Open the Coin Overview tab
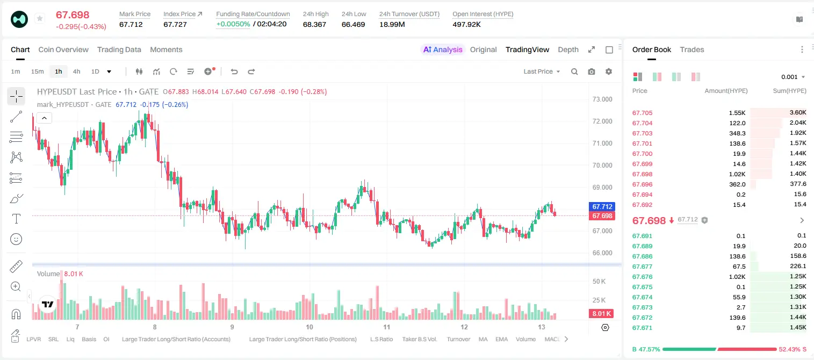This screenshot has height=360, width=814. coord(63,49)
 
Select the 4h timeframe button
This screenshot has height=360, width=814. coord(76,71)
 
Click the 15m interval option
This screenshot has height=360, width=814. coord(38,71)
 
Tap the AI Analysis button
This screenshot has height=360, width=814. coord(443,49)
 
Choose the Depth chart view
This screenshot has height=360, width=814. coord(568,49)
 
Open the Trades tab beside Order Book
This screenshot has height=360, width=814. coord(692,49)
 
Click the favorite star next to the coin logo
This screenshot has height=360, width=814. coord(40,18)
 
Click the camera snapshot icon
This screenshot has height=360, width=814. coord(592,71)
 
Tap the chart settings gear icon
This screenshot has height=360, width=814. coord(609,71)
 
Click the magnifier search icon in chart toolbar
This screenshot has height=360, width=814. coord(574,71)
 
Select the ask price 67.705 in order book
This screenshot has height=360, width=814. coord(642,113)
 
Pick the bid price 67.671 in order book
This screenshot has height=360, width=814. coord(642,328)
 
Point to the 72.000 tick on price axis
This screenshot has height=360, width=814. coord(602,121)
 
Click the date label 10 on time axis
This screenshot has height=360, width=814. coord(309,327)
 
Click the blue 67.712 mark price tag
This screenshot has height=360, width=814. coord(602,206)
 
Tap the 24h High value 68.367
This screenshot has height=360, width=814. coord(314,24)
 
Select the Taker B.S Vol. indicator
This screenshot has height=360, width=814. coord(419,339)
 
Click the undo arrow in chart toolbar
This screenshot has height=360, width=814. coord(234,71)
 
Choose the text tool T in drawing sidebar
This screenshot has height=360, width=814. coord(16,219)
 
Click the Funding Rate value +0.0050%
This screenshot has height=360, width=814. coord(233,24)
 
